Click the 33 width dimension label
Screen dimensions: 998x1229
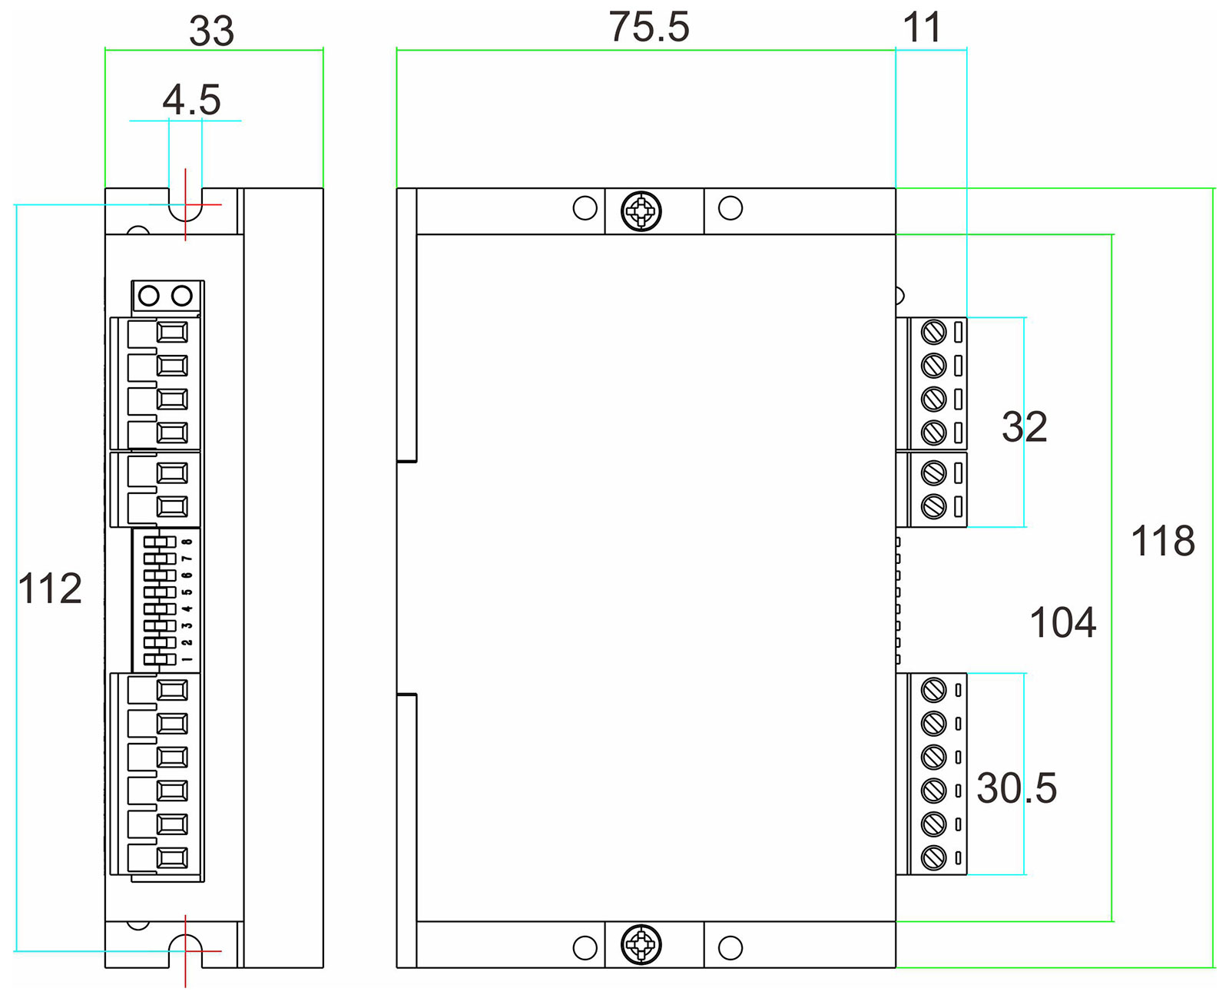(211, 31)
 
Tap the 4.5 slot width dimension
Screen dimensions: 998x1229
(191, 101)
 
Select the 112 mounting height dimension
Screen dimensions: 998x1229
(50, 589)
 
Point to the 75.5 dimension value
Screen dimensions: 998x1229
(649, 28)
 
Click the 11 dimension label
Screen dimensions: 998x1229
(922, 28)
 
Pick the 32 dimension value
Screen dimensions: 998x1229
(1024, 427)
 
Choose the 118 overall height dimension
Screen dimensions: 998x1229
(1163, 541)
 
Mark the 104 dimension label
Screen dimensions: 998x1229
(1062, 622)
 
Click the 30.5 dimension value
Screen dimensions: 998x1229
(1016, 788)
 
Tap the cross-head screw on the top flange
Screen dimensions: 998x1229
(641, 211)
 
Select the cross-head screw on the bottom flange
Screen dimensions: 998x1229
(641, 945)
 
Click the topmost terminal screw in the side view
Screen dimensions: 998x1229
(933, 333)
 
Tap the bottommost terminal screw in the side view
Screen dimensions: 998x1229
(933, 857)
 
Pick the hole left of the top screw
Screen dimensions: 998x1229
(585, 208)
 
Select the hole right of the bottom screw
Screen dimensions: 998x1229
(730, 947)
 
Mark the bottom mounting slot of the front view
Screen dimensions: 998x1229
(185, 950)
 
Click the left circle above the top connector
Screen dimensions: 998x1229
(149, 296)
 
